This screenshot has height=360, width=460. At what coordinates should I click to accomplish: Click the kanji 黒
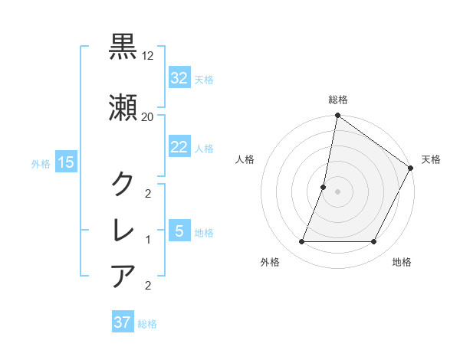(123, 47)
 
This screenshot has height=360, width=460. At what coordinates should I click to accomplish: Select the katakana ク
(123, 183)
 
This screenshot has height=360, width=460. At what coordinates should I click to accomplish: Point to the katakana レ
(123, 230)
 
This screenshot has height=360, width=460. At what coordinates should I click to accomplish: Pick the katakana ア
(123, 275)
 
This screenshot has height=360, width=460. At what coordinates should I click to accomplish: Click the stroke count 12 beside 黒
(148, 57)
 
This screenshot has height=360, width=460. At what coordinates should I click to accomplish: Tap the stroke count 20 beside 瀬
(148, 116)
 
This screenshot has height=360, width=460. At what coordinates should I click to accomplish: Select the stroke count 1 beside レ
(148, 240)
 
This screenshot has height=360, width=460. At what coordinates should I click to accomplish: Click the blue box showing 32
(179, 78)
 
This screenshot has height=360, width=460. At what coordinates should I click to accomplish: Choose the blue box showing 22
(179, 147)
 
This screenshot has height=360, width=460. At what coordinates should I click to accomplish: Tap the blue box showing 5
(179, 231)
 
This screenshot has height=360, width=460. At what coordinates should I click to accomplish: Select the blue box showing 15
(65, 162)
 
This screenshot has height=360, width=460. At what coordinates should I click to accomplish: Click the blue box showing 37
(123, 322)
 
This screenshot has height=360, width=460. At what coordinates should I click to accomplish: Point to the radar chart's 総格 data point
(337, 116)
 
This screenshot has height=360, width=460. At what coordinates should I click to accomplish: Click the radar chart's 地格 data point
(374, 242)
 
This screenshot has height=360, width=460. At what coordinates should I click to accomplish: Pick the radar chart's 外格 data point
(301, 242)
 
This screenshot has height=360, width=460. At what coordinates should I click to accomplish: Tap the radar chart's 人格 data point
(324, 187)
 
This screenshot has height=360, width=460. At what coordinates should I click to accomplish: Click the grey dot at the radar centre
(337, 191)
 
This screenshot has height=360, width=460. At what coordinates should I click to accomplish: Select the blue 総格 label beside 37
(147, 324)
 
